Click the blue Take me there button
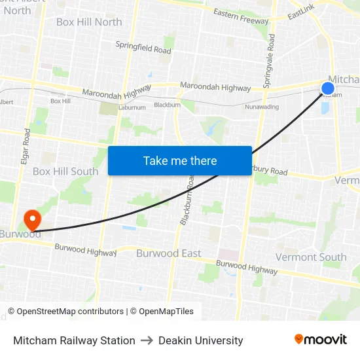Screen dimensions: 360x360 point(180,161)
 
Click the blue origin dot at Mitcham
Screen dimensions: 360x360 point(328,88)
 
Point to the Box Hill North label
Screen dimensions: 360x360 point(89,22)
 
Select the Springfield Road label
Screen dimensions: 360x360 point(143,47)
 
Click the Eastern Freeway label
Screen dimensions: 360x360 point(241,16)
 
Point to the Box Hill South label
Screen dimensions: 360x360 point(65,171)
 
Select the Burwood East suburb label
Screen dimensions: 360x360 point(169,253)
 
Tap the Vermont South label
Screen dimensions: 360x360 point(311,257)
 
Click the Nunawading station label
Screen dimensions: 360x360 point(261,107)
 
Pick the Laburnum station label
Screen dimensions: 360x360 point(132,107)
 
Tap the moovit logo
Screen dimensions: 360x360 point(321,340)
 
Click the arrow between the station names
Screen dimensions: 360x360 point(147,340)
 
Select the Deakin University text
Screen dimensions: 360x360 point(200,340)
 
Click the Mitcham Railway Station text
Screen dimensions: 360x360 point(74,340)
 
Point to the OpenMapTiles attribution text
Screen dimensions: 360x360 point(162,312)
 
